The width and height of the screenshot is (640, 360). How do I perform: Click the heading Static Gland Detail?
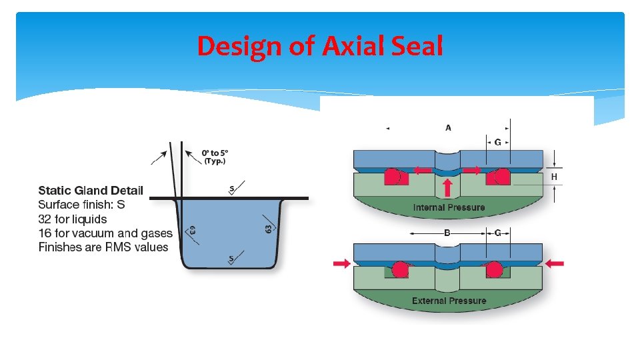click(x=91, y=191)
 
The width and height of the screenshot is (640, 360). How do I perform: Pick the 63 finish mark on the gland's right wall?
click(x=269, y=229)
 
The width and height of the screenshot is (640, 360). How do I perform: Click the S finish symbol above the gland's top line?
click(x=232, y=189)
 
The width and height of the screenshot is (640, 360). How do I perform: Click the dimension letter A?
click(x=448, y=127)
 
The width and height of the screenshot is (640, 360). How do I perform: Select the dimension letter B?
click(x=447, y=233)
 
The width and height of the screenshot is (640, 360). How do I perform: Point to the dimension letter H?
click(x=554, y=177)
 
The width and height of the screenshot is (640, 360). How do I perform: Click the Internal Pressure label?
click(x=449, y=207)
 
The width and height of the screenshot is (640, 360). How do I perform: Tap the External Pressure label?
click(x=449, y=301)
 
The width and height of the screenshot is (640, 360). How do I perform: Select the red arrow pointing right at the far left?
click(x=342, y=264)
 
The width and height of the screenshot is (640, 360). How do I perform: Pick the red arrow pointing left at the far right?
click(x=554, y=263)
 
